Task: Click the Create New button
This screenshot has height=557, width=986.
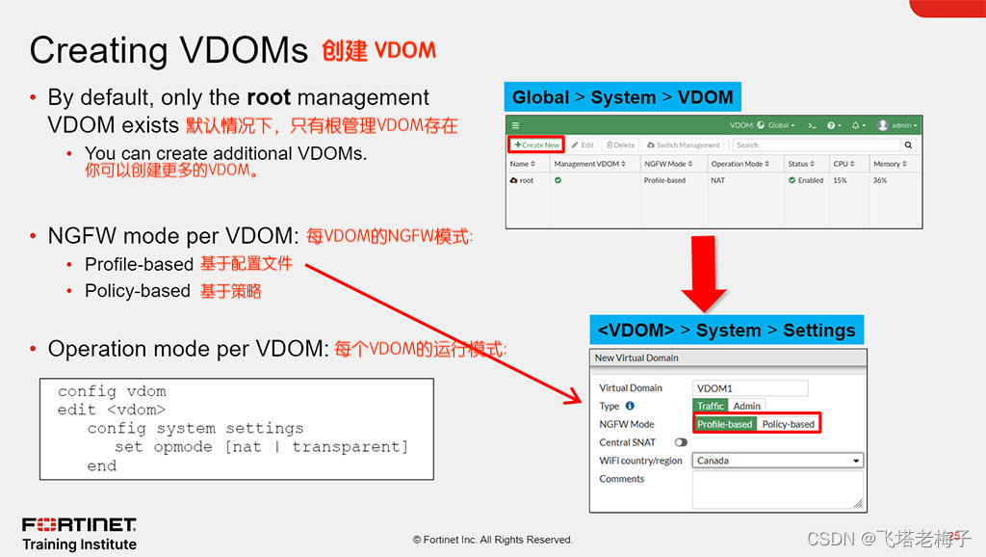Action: (x=536, y=145)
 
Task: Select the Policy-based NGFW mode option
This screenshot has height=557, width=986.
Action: (x=788, y=424)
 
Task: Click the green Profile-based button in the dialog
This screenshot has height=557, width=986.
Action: (x=724, y=424)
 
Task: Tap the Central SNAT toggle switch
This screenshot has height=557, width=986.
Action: (x=682, y=442)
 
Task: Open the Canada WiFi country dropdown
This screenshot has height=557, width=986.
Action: (x=777, y=461)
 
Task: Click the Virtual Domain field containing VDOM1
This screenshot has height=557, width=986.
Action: (x=749, y=388)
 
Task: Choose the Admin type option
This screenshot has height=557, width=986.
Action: (x=746, y=406)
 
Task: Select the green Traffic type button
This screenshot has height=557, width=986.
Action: (x=710, y=406)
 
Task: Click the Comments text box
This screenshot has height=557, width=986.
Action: (x=777, y=489)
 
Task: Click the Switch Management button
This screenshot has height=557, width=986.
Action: (x=683, y=145)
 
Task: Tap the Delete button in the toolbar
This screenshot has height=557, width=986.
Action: (x=620, y=145)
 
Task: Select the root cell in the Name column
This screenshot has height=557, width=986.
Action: (x=526, y=180)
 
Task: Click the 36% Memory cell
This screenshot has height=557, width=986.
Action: (x=880, y=180)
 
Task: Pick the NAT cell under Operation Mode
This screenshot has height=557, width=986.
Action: (x=718, y=180)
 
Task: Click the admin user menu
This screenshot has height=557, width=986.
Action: (x=897, y=125)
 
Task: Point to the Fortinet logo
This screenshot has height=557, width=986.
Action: (x=79, y=525)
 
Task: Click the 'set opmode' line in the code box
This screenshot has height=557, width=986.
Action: (x=260, y=447)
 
